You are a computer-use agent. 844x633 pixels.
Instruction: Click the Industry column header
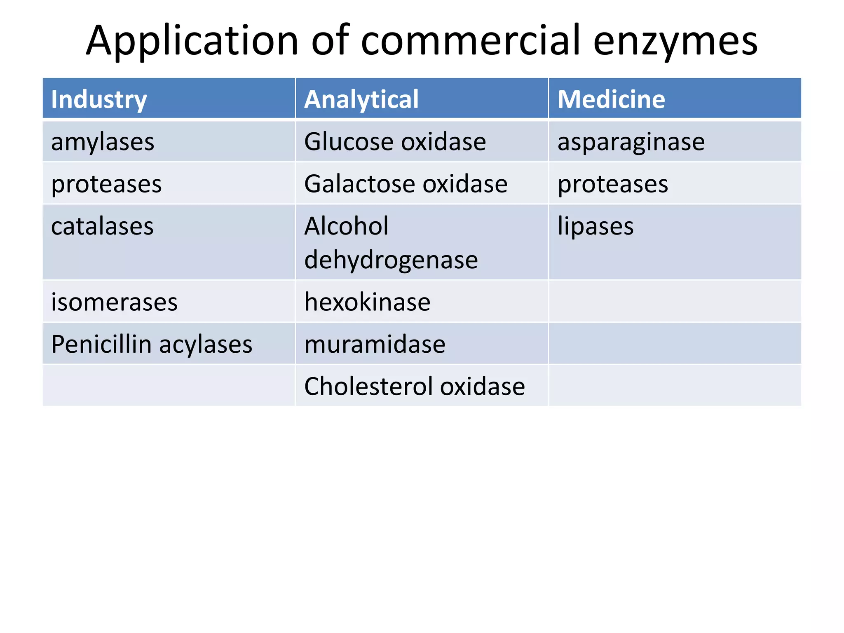point(99,99)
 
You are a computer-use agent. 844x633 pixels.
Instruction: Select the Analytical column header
point(361,99)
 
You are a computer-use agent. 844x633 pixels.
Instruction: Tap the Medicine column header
point(611,99)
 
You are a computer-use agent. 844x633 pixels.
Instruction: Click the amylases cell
point(103,142)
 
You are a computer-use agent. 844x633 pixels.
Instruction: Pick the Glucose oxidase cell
point(395,142)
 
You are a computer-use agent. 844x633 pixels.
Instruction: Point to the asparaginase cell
point(631,142)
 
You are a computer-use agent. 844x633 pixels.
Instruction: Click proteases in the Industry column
point(106,184)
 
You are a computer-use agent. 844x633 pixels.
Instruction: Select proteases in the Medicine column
point(613,184)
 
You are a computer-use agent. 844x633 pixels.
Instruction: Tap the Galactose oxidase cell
point(406,184)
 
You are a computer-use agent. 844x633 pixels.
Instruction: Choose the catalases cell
point(102,226)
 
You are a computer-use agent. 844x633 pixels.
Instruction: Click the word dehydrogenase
point(391,260)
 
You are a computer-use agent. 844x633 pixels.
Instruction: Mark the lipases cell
point(595,226)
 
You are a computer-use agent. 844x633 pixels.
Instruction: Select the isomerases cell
point(114,302)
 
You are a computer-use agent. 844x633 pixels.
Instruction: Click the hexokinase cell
point(367,302)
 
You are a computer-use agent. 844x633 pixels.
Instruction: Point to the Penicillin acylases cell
point(152,344)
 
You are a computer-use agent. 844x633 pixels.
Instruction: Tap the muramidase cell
point(375,344)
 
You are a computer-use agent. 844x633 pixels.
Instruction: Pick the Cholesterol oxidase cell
point(414,386)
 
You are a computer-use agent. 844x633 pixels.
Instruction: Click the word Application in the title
point(192,41)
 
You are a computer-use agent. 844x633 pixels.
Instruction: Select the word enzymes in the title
point(675,41)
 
